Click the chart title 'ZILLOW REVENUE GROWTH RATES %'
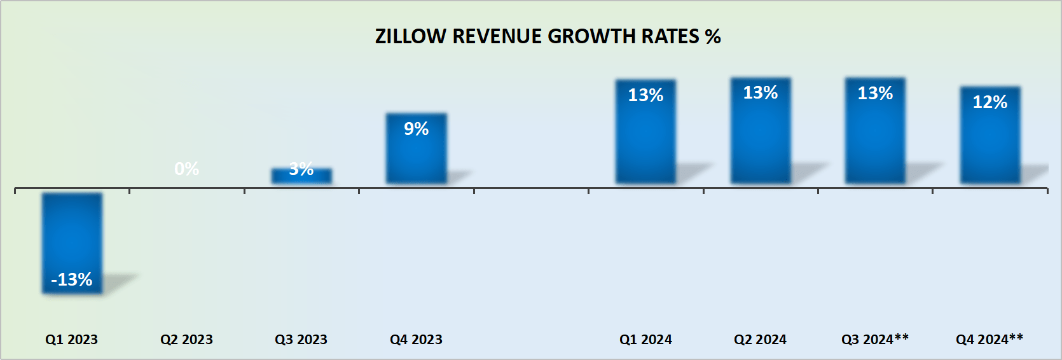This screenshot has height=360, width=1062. [548, 36]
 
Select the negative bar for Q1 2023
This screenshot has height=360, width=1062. [72, 235]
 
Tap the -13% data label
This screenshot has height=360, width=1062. [72, 279]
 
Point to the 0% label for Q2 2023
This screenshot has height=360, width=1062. [186, 169]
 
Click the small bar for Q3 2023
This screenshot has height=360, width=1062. [301, 177]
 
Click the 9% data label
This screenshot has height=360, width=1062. [416, 128]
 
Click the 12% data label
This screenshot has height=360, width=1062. [990, 102]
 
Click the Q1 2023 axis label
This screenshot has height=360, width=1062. [71, 340]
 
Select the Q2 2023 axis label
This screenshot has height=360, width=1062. [186, 340]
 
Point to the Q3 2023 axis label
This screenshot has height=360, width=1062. [301, 340]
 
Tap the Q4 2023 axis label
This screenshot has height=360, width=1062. [416, 340]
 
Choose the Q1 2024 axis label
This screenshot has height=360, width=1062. [645, 340]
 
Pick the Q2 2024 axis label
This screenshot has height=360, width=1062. [760, 340]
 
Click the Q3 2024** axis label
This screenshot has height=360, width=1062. [875, 340]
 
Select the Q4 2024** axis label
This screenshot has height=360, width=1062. [990, 340]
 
